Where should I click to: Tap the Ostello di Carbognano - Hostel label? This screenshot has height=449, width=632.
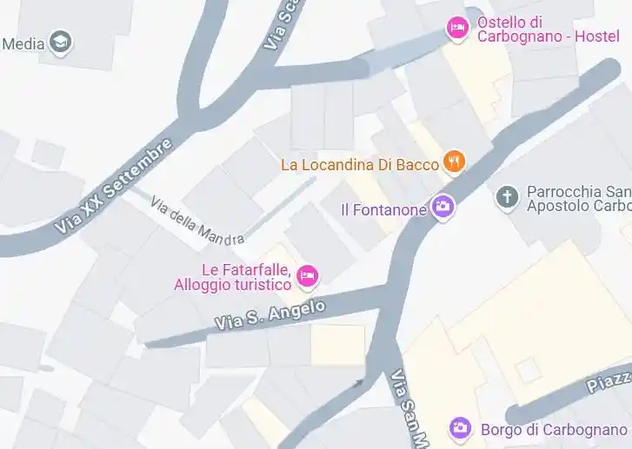click(x=548, y=30)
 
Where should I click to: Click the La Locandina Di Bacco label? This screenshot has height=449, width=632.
click(x=361, y=163)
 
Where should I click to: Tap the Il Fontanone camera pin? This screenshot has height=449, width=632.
click(x=443, y=207)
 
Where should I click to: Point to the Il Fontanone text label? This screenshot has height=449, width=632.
click(x=383, y=209)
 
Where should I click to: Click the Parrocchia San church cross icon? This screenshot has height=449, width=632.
click(x=506, y=197)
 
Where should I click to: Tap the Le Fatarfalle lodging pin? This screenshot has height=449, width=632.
click(x=307, y=276)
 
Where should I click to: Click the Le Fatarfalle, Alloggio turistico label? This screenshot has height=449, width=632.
click(x=233, y=277)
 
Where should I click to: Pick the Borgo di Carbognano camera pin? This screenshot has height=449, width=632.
click(x=460, y=427)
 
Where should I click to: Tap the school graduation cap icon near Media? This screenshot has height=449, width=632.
click(x=61, y=41)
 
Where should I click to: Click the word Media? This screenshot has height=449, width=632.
click(x=23, y=43)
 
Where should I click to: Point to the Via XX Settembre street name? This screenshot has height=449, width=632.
click(x=113, y=185)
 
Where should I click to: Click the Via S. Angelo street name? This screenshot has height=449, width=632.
click(x=269, y=314)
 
